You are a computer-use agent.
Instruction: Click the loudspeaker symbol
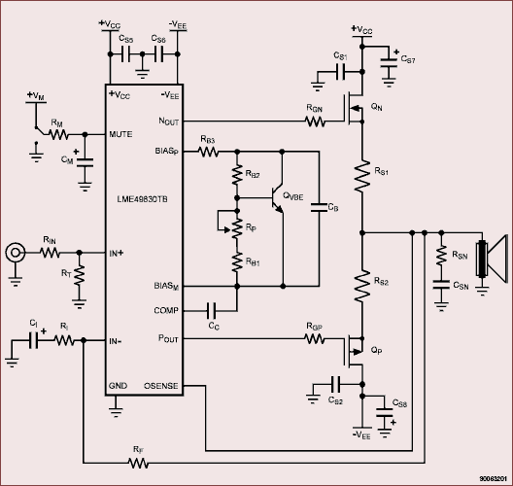492,260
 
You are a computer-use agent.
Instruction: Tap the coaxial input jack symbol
15,253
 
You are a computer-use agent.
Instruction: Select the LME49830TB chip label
142,199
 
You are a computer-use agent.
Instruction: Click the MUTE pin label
120,134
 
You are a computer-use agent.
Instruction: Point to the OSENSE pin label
161,386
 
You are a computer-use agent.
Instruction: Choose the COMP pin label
166,310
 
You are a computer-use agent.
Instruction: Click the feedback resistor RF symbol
138,463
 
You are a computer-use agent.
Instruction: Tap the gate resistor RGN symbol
315,121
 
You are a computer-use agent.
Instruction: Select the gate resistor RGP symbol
315,338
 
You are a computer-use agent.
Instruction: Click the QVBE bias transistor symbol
278,199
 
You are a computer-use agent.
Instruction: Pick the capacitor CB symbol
319,207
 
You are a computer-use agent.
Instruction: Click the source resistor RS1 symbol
362,176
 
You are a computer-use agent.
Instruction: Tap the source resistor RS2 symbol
362,286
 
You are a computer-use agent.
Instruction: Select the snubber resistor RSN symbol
441,255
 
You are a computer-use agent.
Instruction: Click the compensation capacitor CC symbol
212,310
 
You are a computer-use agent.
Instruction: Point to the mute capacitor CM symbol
85,162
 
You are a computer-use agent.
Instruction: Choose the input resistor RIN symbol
51,253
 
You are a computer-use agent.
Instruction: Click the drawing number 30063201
494,478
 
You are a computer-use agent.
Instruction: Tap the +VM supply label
36,95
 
